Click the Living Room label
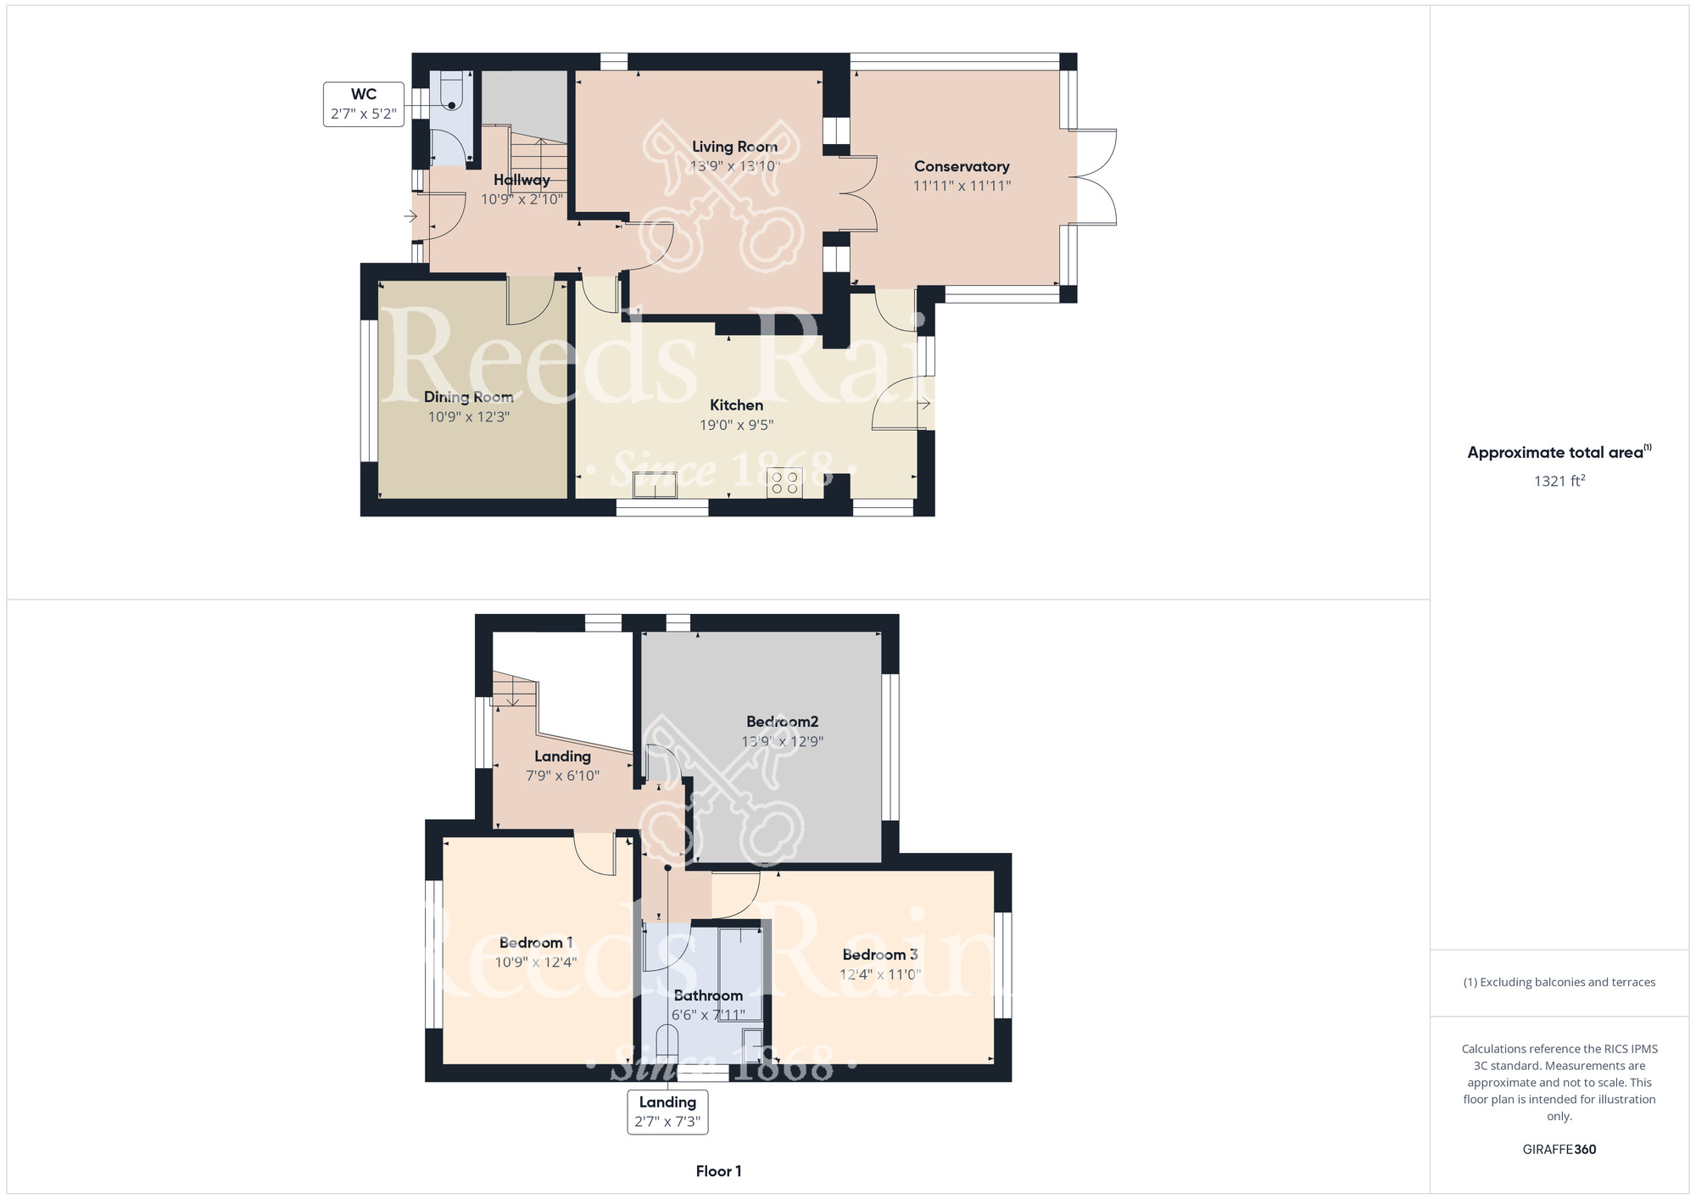click(x=734, y=147)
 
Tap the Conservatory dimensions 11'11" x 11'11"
click(x=962, y=186)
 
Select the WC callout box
click(x=364, y=104)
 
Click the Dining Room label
click(x=468, y=397)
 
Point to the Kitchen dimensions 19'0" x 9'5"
click(x=736, y=425)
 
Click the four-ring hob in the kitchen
click(x=784, y=483)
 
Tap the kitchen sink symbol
click(x=656, y=485)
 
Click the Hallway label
click(x=522, y=180)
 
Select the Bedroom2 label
click(x=782, y=722)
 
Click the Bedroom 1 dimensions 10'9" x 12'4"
click(x=536, y=962)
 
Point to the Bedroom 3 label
click(x=880, y=955)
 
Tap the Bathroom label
click(x=708, y=995)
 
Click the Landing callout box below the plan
click(x=667, y=1112)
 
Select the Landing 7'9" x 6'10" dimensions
click(x=563, y=776)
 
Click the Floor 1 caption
click(x=718, y=1171)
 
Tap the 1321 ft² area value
click(x=1559, y=481)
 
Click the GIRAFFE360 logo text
click(x=1559, y=1150)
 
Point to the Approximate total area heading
click(x=1559, y=452)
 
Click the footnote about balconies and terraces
click(x=1559, y=983)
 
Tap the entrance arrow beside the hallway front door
click(x=410, y=216)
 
